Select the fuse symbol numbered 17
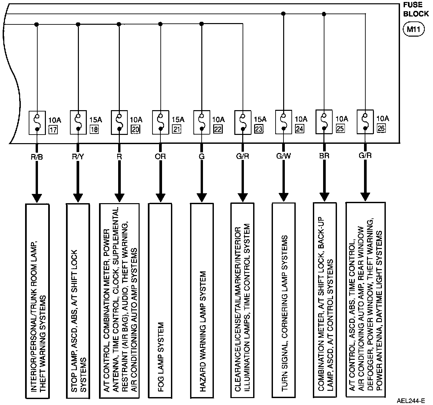pos(37,122)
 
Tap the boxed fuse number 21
pos(177,129)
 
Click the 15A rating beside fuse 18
pos(95,119)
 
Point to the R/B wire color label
pos(37,156)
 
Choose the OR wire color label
pos(160,156)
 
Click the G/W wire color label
pos(283,156)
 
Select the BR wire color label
pos(324,156)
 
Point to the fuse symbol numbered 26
pos(365,122)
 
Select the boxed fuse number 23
pos(258,129)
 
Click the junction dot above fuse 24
pos(283,14)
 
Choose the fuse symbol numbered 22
pos(202,122)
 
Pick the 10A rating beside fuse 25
pos(342,119)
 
